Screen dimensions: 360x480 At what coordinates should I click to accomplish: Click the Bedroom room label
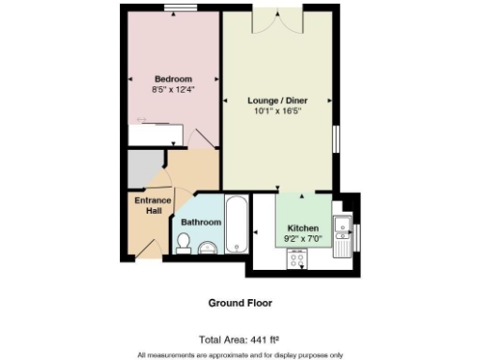[173, 79]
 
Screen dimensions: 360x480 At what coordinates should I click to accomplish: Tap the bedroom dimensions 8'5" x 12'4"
[173, 89]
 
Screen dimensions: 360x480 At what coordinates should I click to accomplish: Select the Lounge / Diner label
[277, 99]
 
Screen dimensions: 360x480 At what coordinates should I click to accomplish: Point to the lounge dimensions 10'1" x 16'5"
[277, 111]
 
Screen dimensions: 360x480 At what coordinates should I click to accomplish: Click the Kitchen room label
[303, 228]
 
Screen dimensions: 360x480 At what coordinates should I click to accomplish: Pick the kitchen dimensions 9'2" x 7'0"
[303, 239]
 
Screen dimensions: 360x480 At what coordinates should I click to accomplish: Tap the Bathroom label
[202, 222]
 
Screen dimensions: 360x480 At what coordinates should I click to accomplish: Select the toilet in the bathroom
[184, 244]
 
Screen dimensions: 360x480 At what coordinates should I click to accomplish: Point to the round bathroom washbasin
[208, 247]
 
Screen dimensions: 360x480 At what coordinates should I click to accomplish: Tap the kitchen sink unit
[344, 228]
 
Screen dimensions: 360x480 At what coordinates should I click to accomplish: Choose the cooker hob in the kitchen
[299, 262]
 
